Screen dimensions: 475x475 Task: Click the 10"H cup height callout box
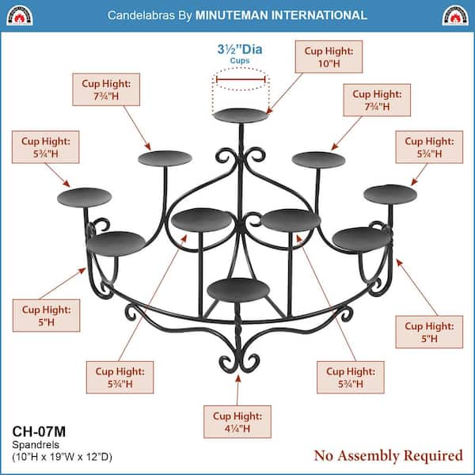(329, 57)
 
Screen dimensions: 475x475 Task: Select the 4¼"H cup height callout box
(237, 422)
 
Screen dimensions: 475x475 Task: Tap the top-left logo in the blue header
(20, 16)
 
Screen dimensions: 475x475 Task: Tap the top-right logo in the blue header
(455, 16)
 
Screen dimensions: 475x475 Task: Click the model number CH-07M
(39, 431)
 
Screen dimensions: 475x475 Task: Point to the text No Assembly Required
(389, 456)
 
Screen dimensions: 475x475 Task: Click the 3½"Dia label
(240, 49)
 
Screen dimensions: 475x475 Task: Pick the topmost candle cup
(241, 116)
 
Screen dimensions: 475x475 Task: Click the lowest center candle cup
(238, 290)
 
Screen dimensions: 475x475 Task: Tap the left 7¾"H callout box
(106, 89)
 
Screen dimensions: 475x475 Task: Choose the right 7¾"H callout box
(377, 100)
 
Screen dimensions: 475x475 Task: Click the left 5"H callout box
(47, 315)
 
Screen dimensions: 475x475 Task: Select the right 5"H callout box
(429, 332)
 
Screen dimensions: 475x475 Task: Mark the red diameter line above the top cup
(241, 80)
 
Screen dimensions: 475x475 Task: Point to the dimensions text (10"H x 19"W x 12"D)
(62, 457)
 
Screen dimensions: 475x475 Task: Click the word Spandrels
(36, 445)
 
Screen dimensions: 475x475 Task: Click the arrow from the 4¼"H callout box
(237, 390)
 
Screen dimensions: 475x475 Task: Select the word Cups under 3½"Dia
(240, 61)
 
